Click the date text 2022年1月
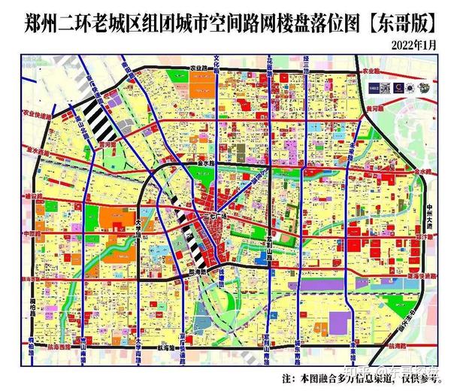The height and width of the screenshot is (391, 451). [x=413, y=45]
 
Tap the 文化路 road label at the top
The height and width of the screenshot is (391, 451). [x=218, y=65]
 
